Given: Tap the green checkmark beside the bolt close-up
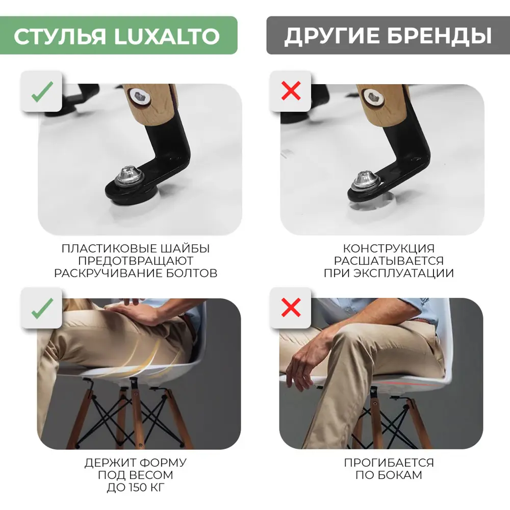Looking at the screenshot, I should coord(41,92).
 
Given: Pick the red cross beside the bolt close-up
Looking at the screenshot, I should coord(291,92).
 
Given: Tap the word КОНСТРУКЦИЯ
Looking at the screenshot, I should coord(389,249).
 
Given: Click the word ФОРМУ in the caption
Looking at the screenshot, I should coord(162,463).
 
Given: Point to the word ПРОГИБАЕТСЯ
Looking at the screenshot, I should coord(389,463).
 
